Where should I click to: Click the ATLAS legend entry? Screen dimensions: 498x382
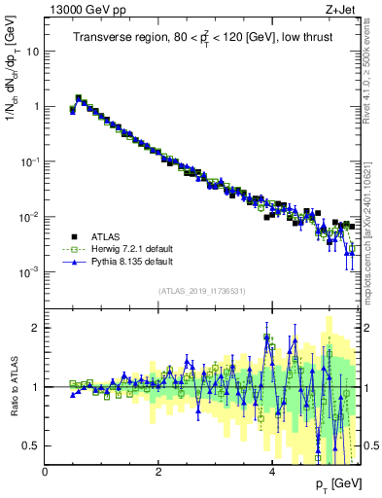click(105, 236)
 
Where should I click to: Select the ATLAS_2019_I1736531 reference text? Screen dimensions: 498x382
click(202, 291)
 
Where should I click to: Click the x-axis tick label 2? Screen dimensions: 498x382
click(159, 472)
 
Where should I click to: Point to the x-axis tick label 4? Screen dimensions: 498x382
click(272, 472)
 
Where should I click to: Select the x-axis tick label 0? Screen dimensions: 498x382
click(46, 472)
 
